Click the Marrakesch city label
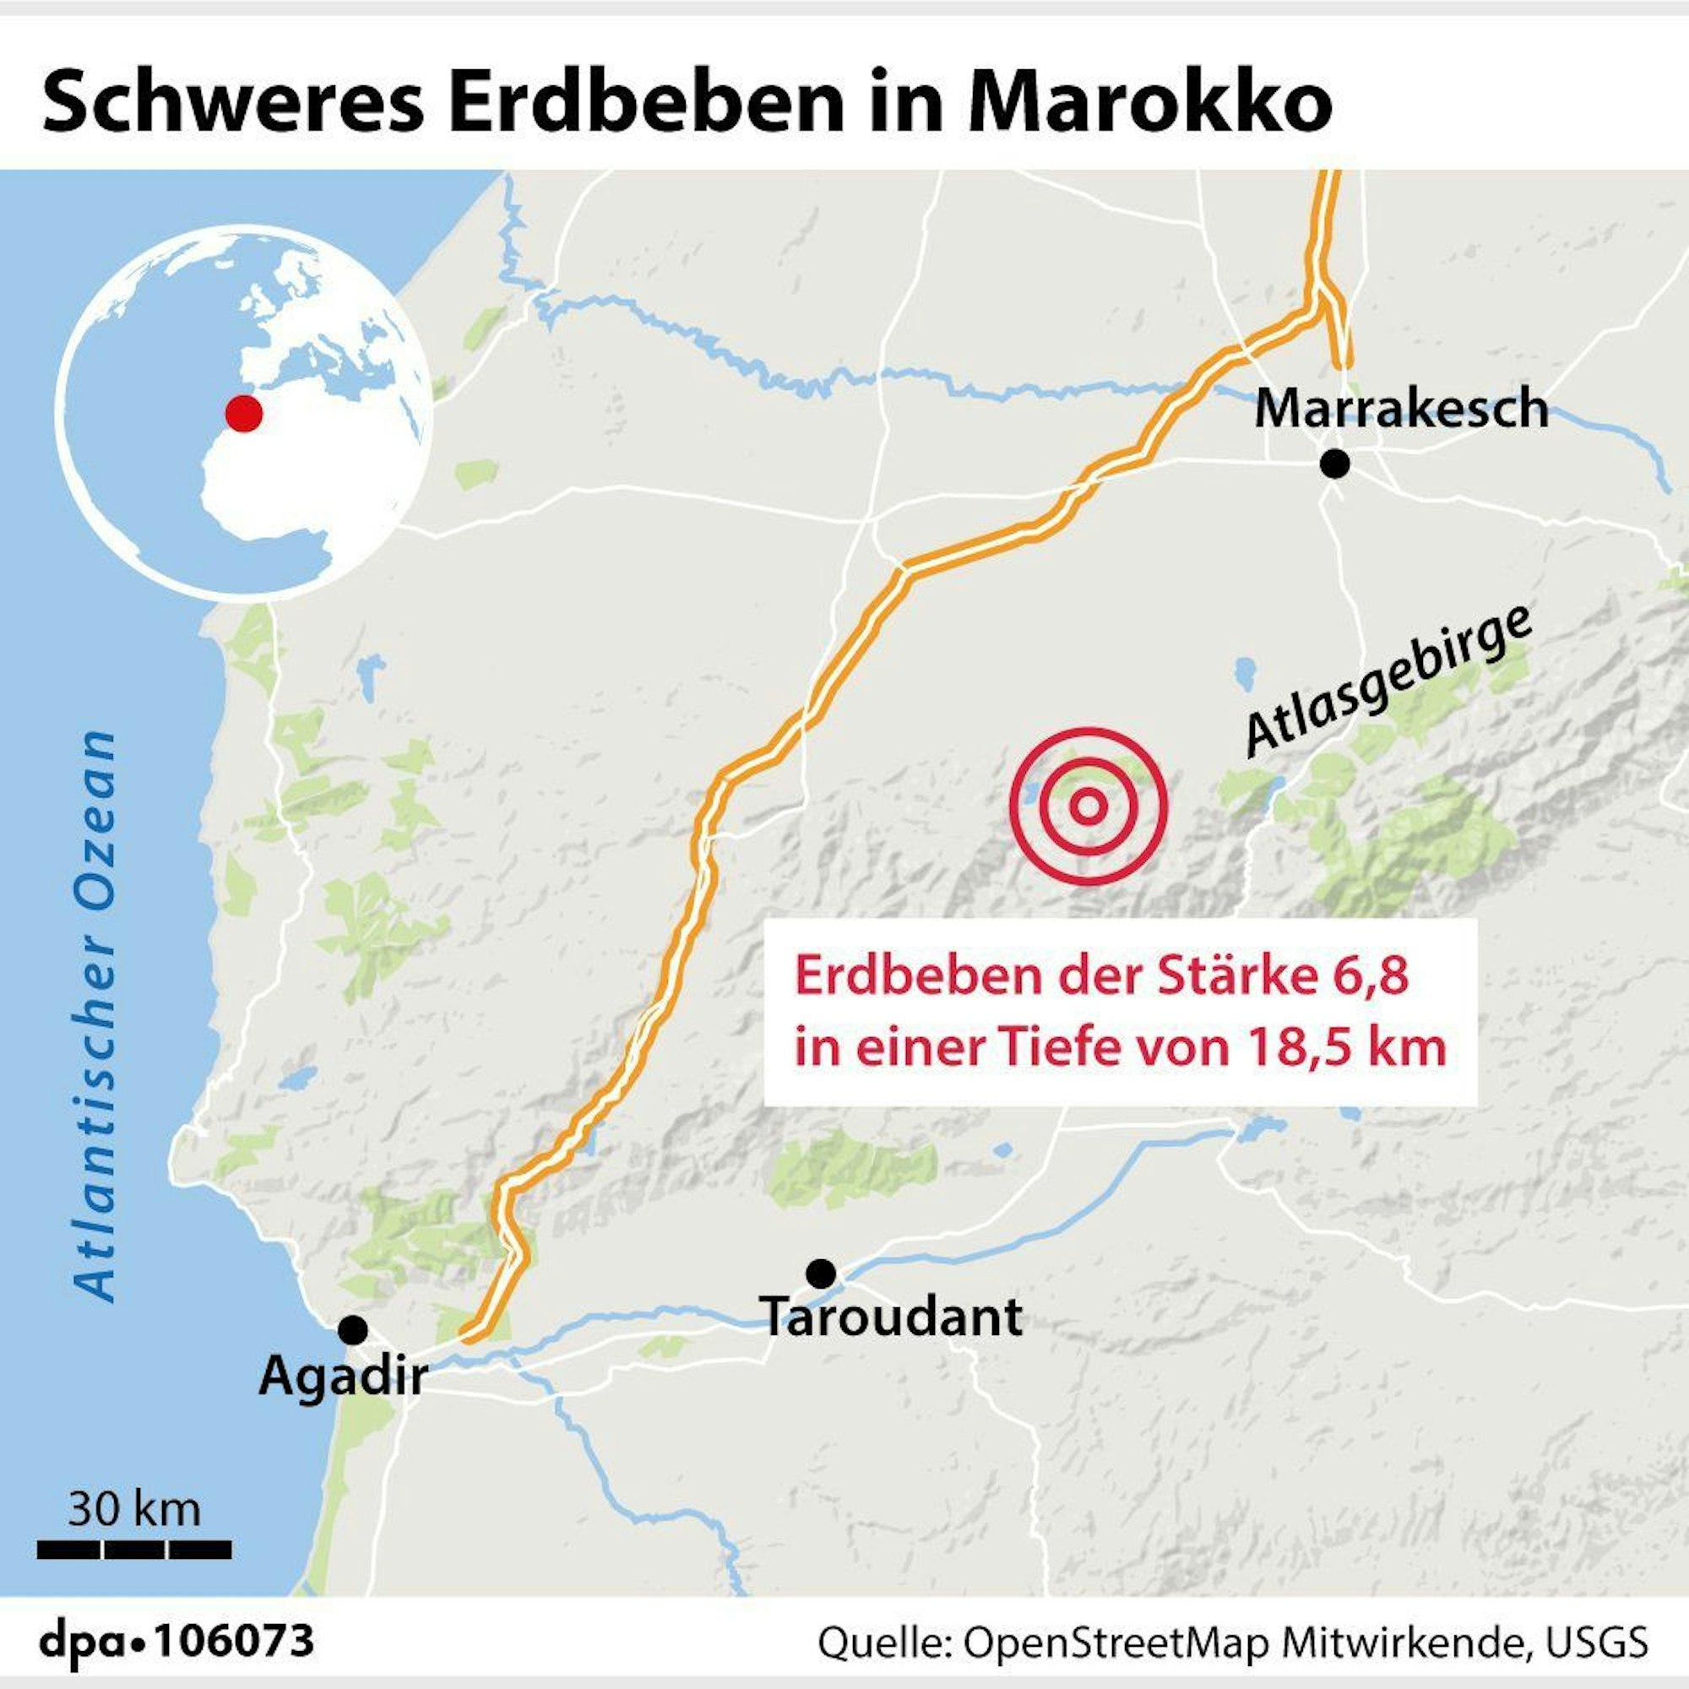[1400, 409]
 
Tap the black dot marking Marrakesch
[1334, 464]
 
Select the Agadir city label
[343, 1377]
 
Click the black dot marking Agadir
[353, 1330]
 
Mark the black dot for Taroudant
[820, 1274]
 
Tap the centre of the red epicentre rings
[1088, 806]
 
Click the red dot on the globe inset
[243, 413]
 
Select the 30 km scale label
[134, 1509]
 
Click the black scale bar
[134, 1550]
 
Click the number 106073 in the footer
[234, 1640]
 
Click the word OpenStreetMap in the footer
[1116, 1642]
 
